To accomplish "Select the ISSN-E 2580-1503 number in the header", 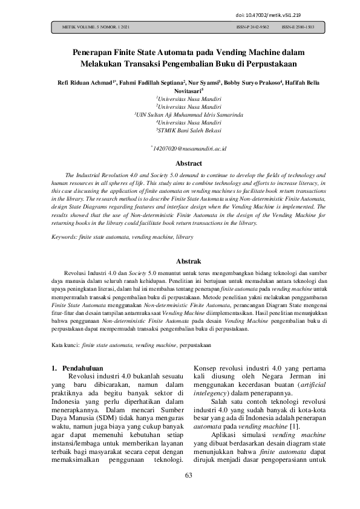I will coord(298,28).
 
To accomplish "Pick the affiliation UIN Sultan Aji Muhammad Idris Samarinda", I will coord(180,114).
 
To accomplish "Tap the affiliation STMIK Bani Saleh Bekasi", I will coord(180,129).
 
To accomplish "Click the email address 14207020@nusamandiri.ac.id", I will coord(181,148).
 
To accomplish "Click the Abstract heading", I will coord(180,163).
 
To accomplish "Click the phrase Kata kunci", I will coord(65,345).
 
